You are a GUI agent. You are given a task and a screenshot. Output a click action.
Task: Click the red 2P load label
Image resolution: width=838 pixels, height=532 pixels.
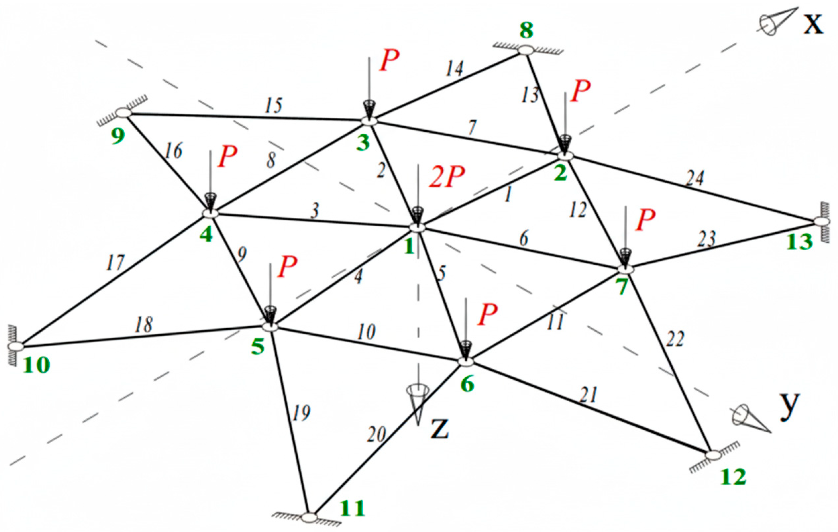[x=446, y=177]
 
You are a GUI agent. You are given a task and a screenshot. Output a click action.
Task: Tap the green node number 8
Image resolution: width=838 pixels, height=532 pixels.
[x=526, y=30]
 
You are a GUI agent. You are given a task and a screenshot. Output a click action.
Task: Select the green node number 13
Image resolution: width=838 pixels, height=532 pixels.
[x=799, y=241]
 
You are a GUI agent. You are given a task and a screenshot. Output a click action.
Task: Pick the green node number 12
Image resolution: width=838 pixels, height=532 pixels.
[x=733, y=477]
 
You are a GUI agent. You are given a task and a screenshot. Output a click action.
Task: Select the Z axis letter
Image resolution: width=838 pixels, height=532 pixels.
[x=439, y=429]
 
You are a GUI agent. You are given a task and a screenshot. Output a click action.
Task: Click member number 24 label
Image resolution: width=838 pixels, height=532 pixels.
[x=695, y=178]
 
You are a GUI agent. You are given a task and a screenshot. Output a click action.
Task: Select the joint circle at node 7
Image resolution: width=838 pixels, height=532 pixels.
[x=626, y=269]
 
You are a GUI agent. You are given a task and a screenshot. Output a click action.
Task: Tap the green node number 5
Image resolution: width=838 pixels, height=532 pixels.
[x=258, y=347]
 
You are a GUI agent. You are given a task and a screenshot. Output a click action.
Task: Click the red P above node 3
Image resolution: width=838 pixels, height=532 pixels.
[x=389, y=61]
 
